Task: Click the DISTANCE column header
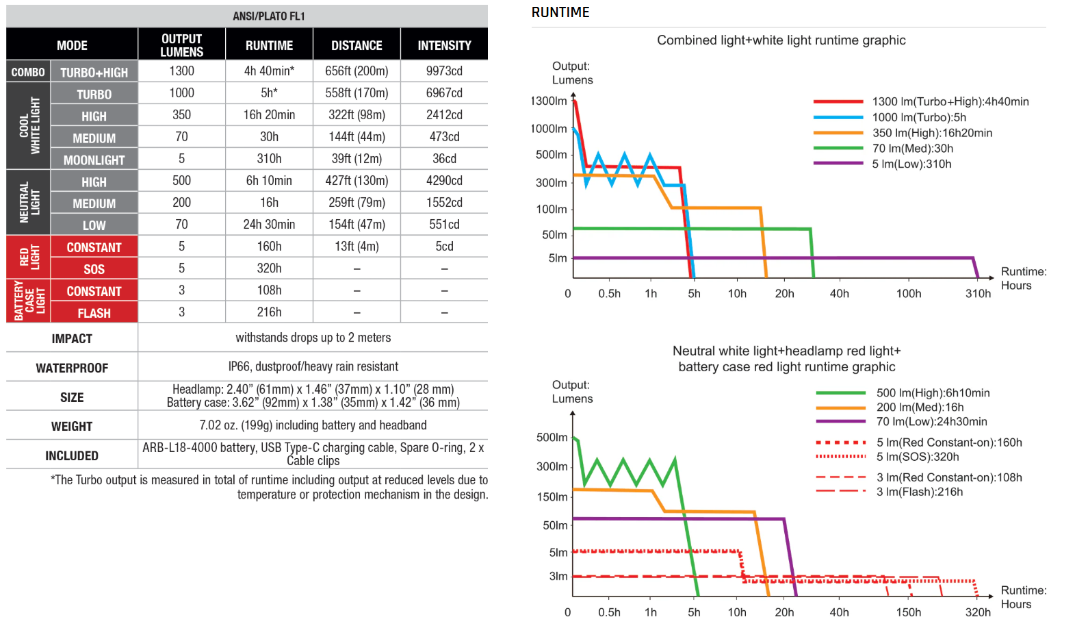tap(357, 45)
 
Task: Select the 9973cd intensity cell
tap(444, 71)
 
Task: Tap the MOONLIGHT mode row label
tap(94, 160)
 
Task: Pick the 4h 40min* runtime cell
tap(269, 71)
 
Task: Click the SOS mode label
tap(94, 269)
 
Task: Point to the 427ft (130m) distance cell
tap(357, 181)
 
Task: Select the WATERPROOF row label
tap(72, 368)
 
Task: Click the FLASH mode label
tap(94, 313)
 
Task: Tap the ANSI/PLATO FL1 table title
tap(268, 16)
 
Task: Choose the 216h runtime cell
tap(269, 312)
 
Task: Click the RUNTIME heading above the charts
tap(560, 12)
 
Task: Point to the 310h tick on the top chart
tap(978, 293)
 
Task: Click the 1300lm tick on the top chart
tap(549, 101)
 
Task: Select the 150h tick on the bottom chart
tap(909, 612)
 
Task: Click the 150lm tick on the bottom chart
tap(553, 497)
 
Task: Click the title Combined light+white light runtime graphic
tap(781, 40)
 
